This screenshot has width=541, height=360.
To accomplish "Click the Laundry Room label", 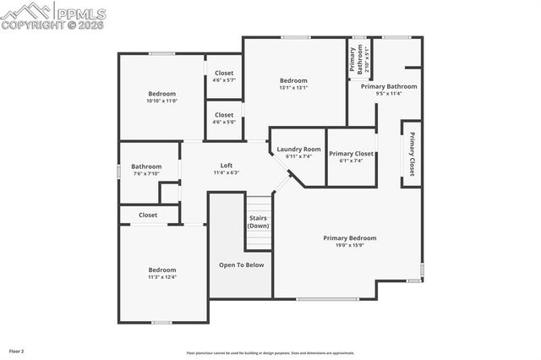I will coord(299,149).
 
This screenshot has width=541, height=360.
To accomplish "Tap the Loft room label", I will coord(226,165).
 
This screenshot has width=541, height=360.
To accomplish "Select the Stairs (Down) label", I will coord(259,221).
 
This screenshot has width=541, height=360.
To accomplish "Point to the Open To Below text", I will coord(241,265).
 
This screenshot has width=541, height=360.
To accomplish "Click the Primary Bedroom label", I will coord(350,237).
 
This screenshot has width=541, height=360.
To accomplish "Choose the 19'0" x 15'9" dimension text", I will coord(350,246).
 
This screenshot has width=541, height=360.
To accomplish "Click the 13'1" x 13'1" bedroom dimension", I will coord(293,87).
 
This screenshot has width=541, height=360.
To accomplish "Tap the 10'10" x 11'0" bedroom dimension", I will coord(161,101).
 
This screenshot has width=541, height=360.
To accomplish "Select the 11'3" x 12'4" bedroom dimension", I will coord(161,277).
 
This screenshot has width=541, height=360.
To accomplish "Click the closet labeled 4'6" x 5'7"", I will coord(224,80).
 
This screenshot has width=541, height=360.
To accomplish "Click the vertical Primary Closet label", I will coord(412,153).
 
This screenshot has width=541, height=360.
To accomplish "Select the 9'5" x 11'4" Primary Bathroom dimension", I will coord(389,94).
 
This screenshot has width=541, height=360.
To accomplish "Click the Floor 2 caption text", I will coord(17,350).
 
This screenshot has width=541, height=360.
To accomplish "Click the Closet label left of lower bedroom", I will coord(148,215).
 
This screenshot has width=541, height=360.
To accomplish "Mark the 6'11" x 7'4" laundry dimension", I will coord(299,156).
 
